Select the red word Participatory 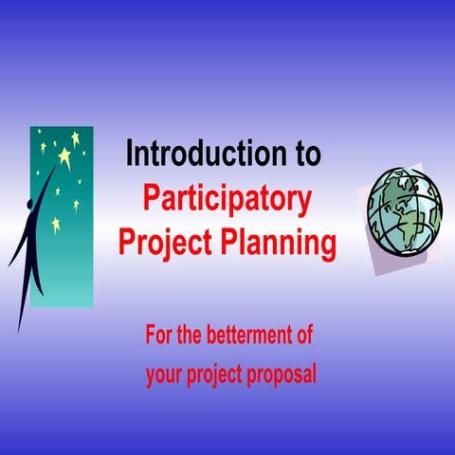pyautogui.click(x=227, y=200)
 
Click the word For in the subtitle pyautogui.click(x=159, y=335)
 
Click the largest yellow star pyautogui.click(x=64, y=155)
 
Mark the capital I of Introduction pyautogui.click(x=129, y=153)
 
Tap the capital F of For pyautogui.click(x=149, y=335)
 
